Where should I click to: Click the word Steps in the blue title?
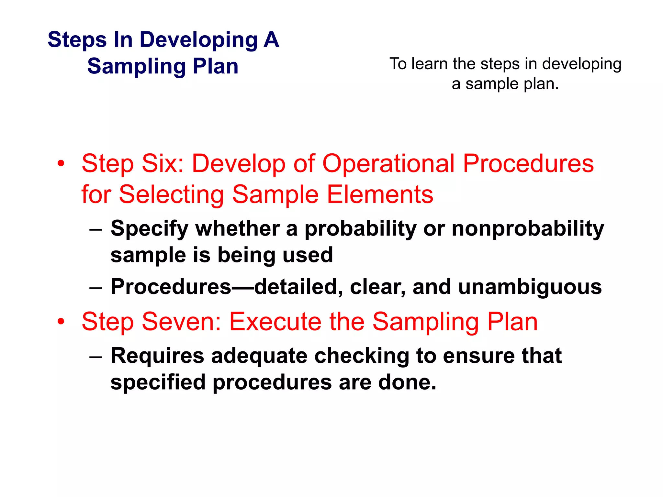pos(77,40)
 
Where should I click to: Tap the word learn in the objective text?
pos(430,64)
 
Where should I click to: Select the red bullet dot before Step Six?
pos(61,164)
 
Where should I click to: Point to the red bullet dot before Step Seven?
pos(61,322)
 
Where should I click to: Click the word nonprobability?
pos(528,229)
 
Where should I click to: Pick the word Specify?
pos(149,229)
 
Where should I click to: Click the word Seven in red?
pos(181,322)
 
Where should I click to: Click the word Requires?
pos(157,356)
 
